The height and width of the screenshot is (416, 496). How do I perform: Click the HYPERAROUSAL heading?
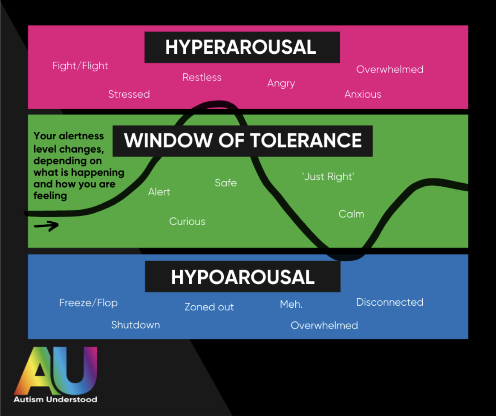point(241,47)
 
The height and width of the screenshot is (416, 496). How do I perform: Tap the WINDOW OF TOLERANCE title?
point(243,141)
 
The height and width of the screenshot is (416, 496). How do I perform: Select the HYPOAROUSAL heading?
point(242,277)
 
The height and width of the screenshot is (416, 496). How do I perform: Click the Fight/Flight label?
point(80,66)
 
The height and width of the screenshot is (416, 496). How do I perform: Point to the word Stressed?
point(129,94)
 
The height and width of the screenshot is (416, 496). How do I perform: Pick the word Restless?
point(202,77)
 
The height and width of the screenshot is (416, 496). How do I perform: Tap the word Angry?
point(281,83)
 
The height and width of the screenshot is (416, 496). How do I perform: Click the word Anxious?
point(363,94)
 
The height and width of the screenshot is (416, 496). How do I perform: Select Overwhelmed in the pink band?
point(389,69)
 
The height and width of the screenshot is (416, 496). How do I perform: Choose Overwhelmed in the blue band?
point(324,325)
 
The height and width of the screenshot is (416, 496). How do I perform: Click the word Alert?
point(159,192)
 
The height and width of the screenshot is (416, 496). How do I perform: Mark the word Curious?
point(187,221)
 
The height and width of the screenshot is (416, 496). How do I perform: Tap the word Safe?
point(225,183)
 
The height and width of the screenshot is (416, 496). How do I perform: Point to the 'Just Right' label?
point(328,176)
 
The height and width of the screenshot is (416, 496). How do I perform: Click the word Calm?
point(351,214)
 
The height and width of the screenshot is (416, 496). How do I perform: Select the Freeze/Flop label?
point(88,303)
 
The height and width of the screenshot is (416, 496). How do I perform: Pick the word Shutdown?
point(135,325)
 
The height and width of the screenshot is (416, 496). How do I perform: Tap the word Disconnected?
point(389,302)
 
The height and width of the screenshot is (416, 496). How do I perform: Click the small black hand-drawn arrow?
point(46,225)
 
